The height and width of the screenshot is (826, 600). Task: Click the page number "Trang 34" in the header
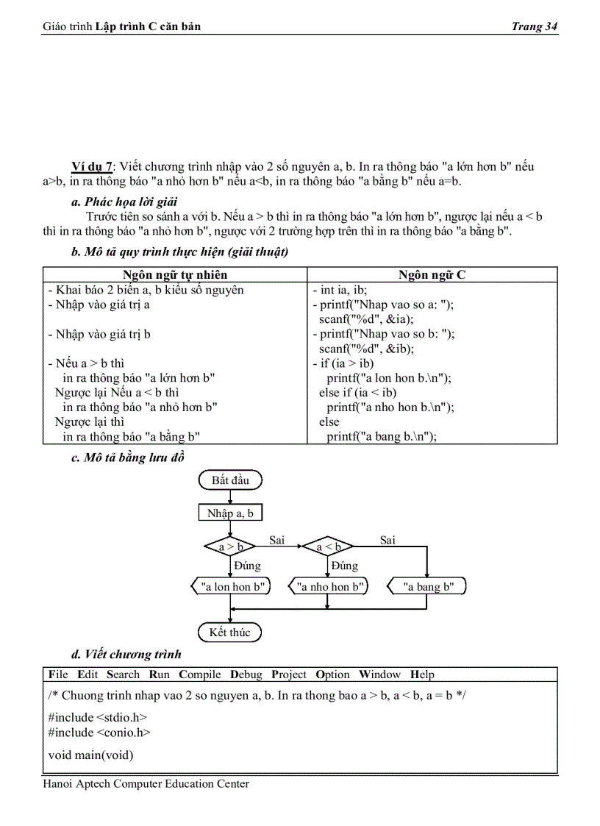[535, 26]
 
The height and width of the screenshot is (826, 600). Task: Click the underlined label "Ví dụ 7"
[92, 166]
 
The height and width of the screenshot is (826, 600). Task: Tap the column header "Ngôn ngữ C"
[432, 275]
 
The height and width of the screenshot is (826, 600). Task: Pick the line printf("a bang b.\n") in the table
[382, 436]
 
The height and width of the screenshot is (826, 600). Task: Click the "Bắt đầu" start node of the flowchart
[230, 480]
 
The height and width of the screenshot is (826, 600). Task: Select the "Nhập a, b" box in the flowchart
[230, 513]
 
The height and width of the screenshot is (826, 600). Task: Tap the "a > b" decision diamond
[229, 546]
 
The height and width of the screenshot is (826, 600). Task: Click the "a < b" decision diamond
[328, 546]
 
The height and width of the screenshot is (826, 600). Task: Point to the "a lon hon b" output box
[231, 587]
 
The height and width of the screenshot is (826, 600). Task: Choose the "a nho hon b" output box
[328, 587]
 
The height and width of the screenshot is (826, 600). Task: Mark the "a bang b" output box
[426, 587]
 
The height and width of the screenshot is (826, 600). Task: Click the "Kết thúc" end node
[230, 633]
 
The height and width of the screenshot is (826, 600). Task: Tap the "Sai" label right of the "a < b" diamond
[387, 540]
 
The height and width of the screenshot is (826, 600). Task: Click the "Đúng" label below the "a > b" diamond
[247, 566]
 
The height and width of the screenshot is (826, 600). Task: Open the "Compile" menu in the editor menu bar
[199, 674]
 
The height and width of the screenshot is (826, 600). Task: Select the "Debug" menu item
[246, 674]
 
